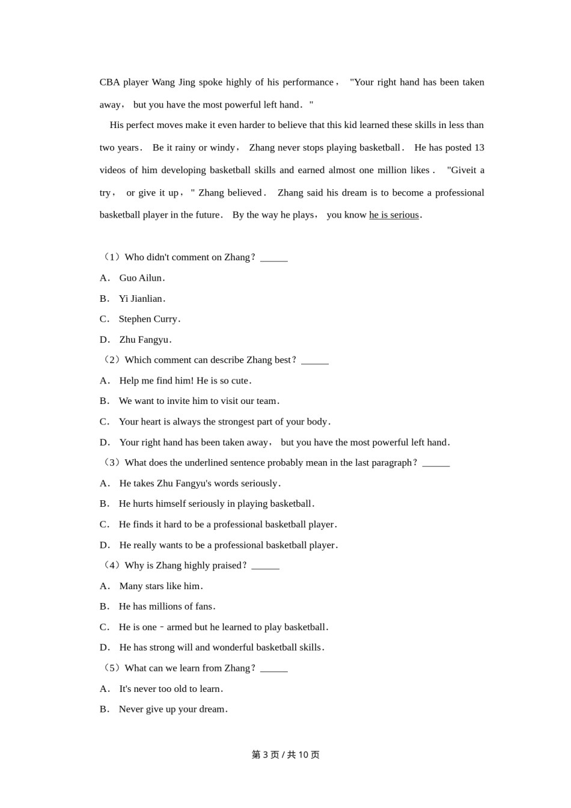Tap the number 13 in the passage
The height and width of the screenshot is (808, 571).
479,148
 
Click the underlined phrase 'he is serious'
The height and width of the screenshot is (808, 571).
394,215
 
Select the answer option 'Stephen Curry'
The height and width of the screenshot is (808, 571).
148,319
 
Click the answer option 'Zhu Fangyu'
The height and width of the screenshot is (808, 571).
144,340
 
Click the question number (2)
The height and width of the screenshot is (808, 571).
112,360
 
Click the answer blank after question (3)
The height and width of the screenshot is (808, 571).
436,464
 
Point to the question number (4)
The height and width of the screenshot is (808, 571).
112,566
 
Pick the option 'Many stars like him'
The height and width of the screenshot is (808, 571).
160,586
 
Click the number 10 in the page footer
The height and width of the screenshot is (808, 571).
303,755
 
